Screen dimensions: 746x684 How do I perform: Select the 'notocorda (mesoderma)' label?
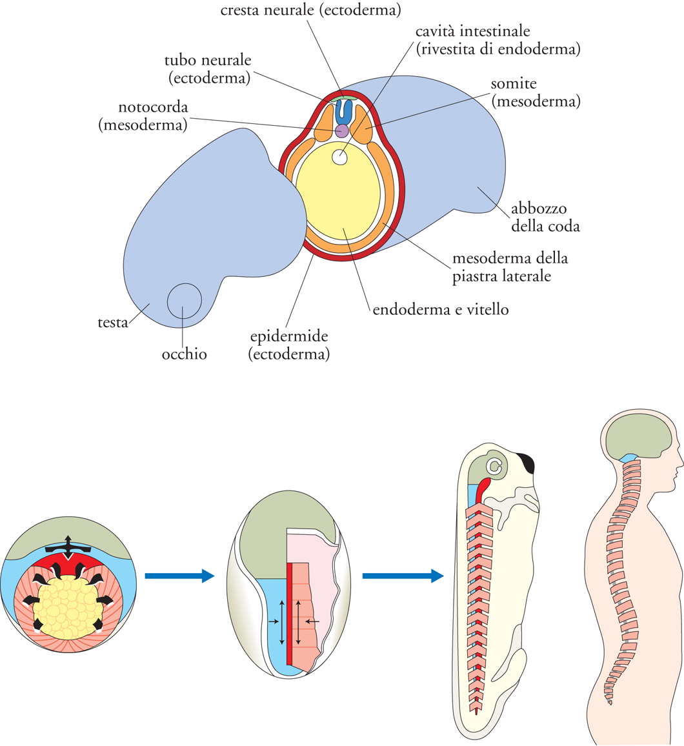[x=143, y=116]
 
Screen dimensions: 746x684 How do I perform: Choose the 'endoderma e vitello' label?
[x=441, y=310]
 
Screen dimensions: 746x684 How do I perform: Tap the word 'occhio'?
[x=184, y=354]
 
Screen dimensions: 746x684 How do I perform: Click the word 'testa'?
[x=113, y=323]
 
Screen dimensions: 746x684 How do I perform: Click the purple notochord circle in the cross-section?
[x=341, y=131]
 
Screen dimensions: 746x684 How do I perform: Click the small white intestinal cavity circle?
[x=339, y=156]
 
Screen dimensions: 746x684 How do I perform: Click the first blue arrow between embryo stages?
[x=179, y=576]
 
